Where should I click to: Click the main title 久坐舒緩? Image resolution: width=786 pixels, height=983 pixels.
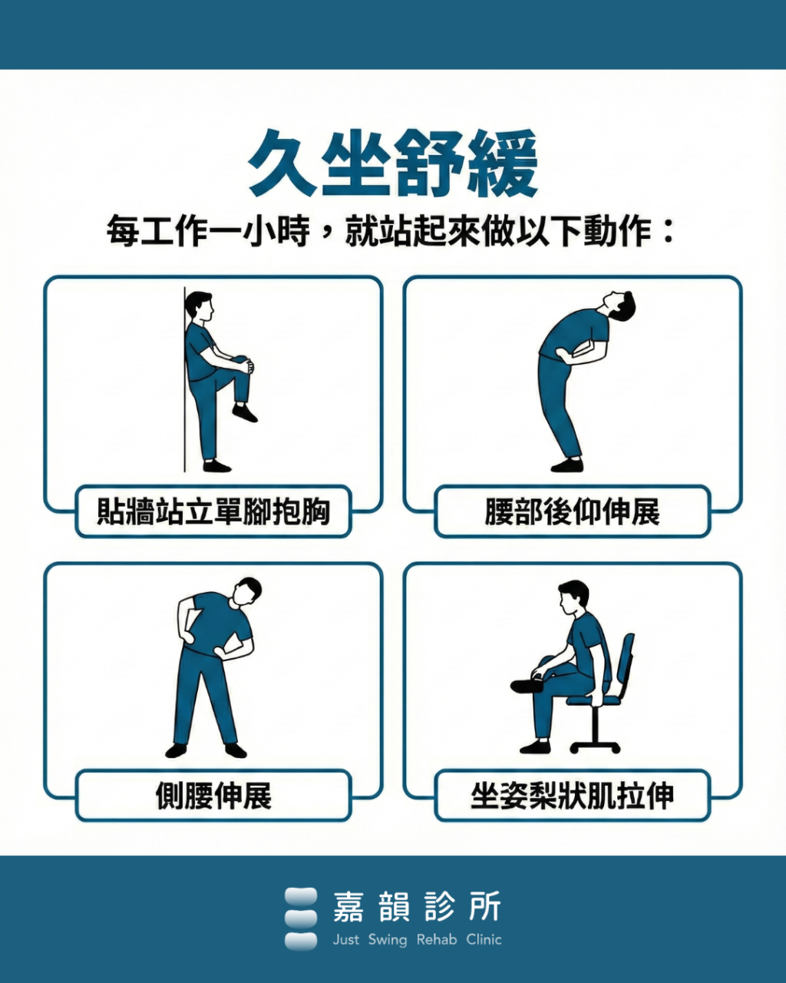(x=393, y=164)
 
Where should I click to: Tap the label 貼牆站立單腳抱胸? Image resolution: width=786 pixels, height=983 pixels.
(x=213, y=511)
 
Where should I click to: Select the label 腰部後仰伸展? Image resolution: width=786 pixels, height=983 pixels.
(x=572, y=511)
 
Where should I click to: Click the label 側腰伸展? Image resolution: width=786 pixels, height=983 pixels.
(x=213, y=796)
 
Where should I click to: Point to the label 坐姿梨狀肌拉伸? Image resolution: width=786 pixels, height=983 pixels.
(x=572, y=796)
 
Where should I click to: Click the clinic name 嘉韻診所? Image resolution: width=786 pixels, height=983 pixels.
(x=417, y=907)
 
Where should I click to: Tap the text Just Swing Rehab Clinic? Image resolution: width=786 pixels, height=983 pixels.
(x=417, y=939)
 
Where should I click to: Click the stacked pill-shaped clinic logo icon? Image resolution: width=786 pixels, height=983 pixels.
(x=300, y=918)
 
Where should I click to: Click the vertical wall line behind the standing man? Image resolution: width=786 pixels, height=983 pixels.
(x=184, y=384)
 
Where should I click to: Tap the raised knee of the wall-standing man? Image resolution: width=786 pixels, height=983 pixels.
(x=243, y=362)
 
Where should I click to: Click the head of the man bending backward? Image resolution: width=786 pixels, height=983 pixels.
(x=620, y=306)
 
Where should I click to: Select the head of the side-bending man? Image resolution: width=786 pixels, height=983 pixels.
(x=248, y=591)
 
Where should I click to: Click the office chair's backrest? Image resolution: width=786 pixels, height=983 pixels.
(x=626, y=660)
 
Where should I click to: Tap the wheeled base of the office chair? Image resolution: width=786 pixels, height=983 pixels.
(x=595, y=743)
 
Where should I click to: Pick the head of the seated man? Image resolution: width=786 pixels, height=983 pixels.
(x=573, y=597)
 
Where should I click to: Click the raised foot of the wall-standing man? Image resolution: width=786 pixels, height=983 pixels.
(x=245, y=414)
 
